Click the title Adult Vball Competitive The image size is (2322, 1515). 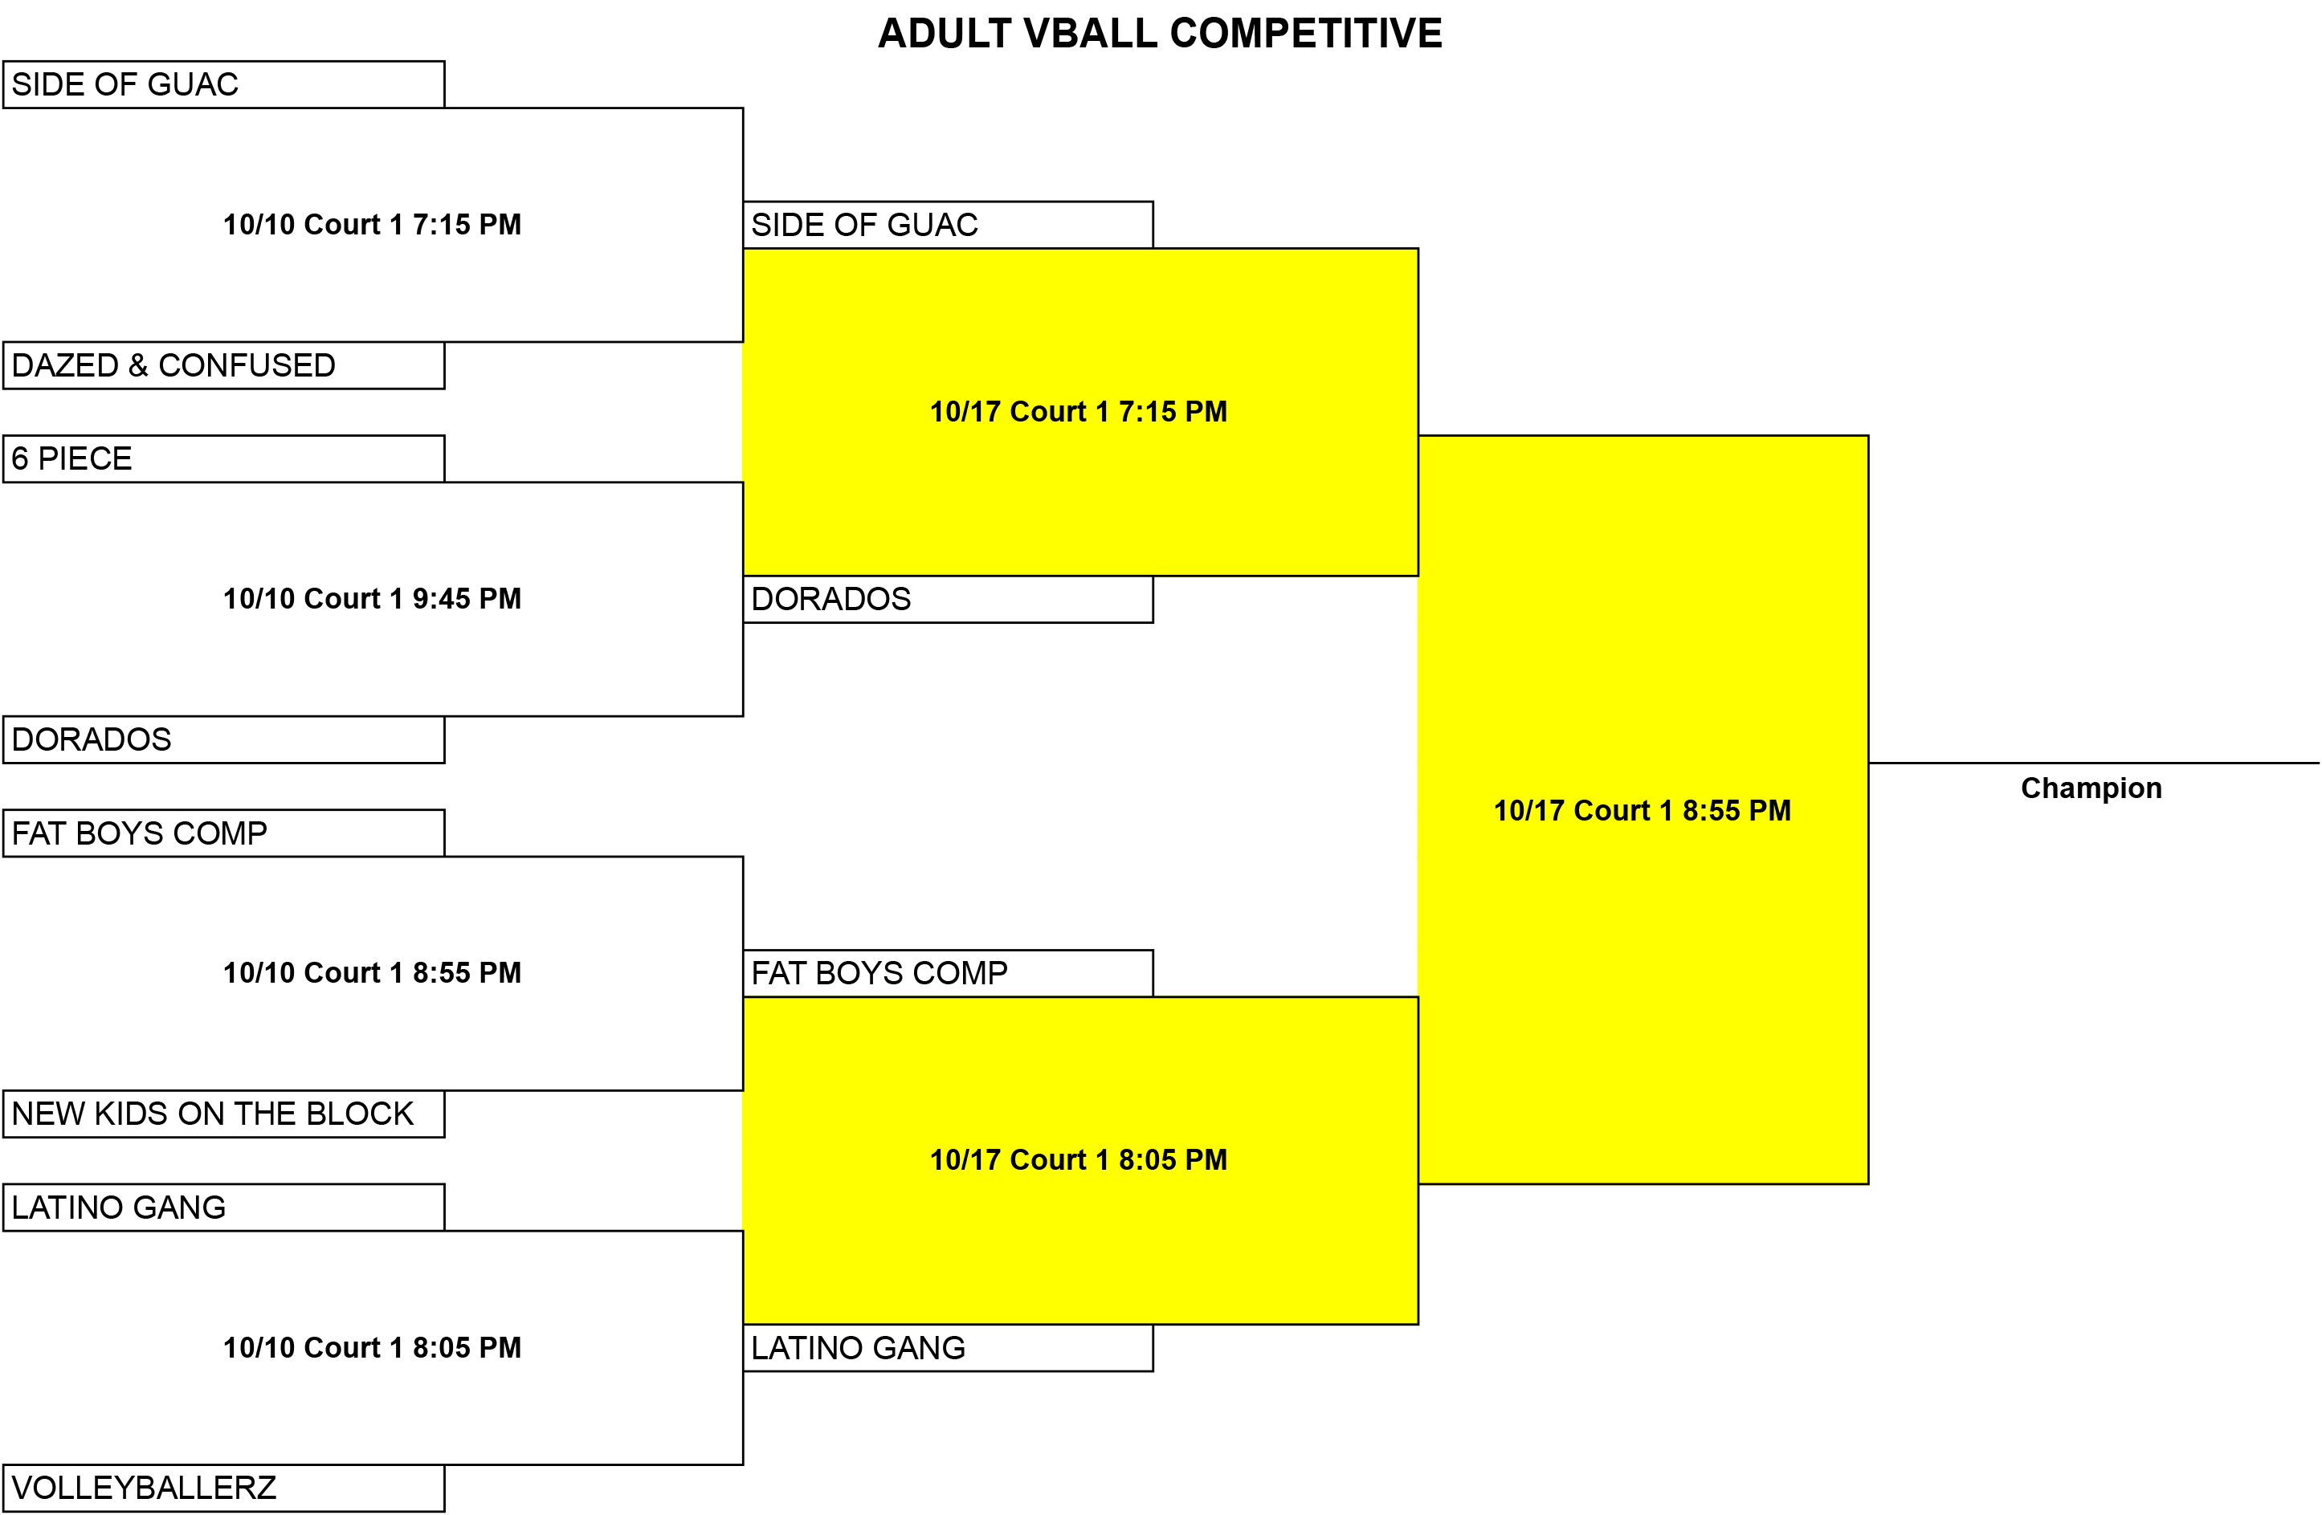click(x=1160, y=33)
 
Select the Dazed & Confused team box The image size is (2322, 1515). click(x=223, y=364)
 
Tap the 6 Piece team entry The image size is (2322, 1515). click(x=223, y=458)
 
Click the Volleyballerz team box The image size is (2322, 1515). click(x=223, y=1488)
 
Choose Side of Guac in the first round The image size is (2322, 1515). click(x=223, y=83)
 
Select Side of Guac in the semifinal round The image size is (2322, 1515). click(x=947, y=224)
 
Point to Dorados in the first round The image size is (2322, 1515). click(x=223, y=739)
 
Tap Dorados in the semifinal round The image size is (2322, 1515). click(x=947, y=599)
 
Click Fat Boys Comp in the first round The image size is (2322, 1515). click(x=223, y=833)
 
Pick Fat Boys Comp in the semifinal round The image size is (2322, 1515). click(x=947, y=972)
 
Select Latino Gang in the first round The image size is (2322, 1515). click(x=223, y=1208)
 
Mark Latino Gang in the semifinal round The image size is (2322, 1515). click(x=947, y=1347)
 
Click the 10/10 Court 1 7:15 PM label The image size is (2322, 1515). click(x=372, y=224)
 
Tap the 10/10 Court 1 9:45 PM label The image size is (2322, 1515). click(x=372, y=598)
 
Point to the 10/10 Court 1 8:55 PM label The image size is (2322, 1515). click(x=372, y=972)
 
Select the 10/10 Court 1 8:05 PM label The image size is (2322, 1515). click(x=372, y=1347)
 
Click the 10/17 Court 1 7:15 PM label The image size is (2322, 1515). click(x=1078, y=412)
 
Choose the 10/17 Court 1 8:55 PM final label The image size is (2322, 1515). click(x=1642, y=811)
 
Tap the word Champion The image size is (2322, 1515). click(x=2091, y=788)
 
